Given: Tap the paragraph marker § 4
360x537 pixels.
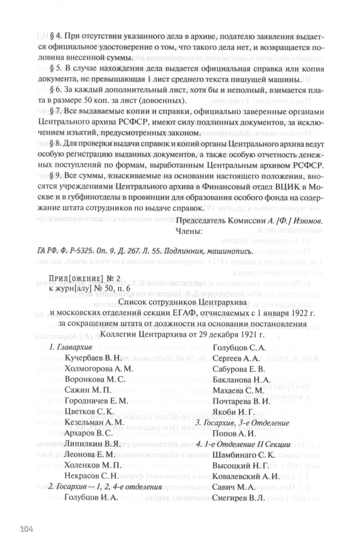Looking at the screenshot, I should coord(56,36).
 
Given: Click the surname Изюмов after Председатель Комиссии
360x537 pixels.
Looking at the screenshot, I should coord(306,220).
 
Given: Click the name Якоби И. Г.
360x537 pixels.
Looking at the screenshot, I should coord(233,412).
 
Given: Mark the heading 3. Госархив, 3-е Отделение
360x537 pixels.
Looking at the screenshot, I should coord(242,423).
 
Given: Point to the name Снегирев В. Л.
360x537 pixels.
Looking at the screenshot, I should coord(239,498).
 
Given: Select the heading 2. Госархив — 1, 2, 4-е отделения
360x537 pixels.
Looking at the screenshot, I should coord(105,487).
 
